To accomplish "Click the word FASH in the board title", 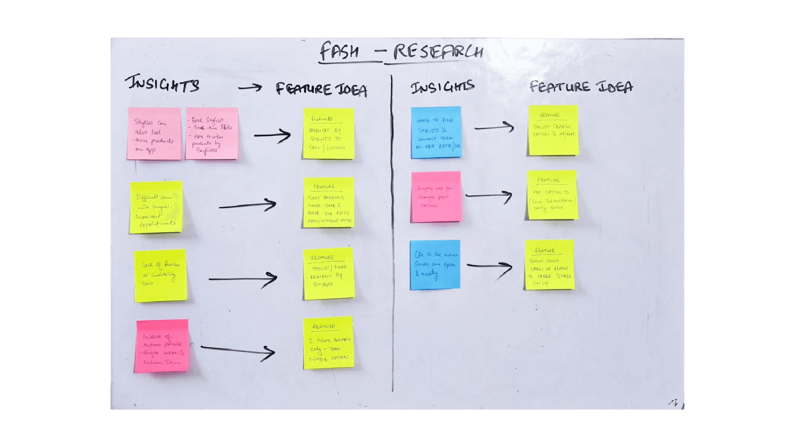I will pos(339,51).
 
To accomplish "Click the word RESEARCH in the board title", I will pos(438,51).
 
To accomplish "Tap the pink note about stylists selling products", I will pos(154,134).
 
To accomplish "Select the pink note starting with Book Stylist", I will pos(211,134).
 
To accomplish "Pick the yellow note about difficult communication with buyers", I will pos(156,207).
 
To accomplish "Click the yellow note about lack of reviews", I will pos(160,276).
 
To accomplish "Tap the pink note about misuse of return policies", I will pos(162,346).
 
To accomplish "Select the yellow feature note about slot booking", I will pos(329,202).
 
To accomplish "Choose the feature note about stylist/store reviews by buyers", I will pos(329,273).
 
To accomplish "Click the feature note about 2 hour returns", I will pos(329,343).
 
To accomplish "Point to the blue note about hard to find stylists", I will pos(436,132).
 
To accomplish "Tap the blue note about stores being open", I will pos(435,265).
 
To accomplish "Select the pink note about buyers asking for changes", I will pos(436,196).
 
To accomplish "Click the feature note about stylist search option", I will pos(553,130).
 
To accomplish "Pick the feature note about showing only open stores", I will pos(550,265).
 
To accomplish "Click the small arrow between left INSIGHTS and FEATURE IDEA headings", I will pos(250,88).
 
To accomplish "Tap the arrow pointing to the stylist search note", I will pos(494,127).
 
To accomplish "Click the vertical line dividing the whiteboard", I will pos(392,232).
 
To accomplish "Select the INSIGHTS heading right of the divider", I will pos(442,87).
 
